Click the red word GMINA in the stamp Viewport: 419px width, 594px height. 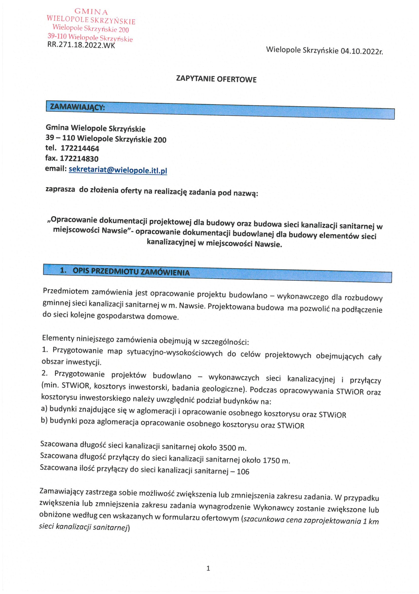[x=91, y=12]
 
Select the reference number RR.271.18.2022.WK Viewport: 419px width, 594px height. [x=81, y=45]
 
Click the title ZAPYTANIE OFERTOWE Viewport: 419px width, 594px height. [x=216, y=79]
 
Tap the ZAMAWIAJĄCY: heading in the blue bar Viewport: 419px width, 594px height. [x=77, y=107]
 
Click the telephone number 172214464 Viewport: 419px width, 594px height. [x=80, y=148]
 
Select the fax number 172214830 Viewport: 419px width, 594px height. [x=79, y=158]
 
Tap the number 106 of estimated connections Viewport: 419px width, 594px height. [x=243, y=472]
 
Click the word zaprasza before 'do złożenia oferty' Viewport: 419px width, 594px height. [x=60, y=189]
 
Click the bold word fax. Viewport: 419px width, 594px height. [x=51, y=158]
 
